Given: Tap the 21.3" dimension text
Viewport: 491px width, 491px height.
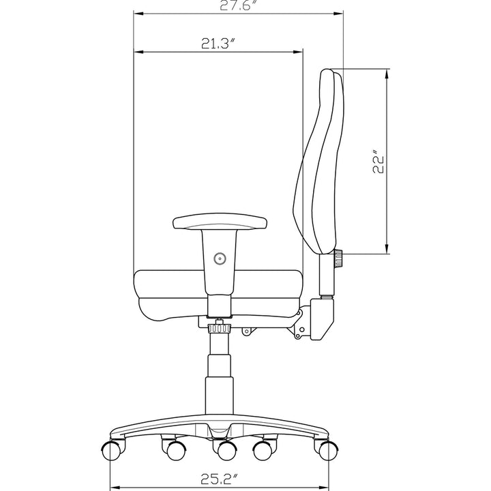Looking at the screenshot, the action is (218, 44).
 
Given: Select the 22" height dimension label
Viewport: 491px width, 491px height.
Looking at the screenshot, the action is (378, 163).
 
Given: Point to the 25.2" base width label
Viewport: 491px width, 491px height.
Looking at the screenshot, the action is (219, 479).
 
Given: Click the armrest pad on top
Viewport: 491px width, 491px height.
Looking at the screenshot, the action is (220, 222).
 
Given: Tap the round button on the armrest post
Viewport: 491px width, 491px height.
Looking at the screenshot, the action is (220, 258).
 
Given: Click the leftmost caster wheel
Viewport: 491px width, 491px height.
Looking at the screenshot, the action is (111, 451).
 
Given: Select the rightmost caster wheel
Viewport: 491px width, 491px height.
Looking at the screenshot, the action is (328, 451).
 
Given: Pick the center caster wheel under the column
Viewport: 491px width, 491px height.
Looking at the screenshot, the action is (227, 451).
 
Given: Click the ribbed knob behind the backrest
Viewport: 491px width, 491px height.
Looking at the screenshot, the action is (338, 258).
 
